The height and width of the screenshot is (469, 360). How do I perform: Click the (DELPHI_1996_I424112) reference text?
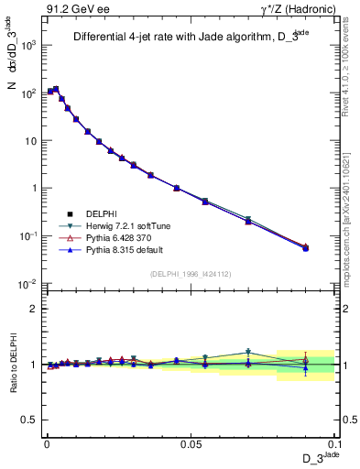point(191,273)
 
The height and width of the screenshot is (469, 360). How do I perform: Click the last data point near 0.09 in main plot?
point(306,247)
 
